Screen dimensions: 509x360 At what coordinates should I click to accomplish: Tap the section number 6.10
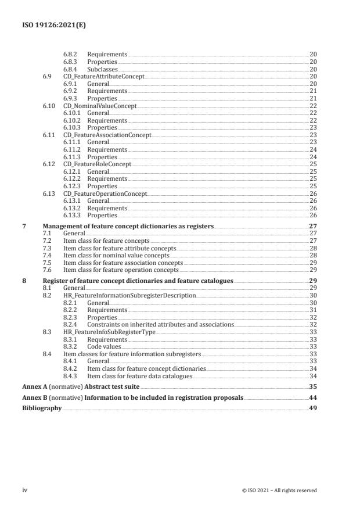[x=49, y=106]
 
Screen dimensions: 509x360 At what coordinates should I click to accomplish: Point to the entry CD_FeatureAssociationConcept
[x=107, y=135]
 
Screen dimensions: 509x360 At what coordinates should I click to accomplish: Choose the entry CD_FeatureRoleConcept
[x=97, y=164]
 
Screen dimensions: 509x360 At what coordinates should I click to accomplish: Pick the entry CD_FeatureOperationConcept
[x=105, y=193]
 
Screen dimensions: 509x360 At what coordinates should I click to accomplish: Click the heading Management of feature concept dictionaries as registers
[x=128, y=226]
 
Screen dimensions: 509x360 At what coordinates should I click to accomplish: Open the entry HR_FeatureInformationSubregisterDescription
[x=129, y=296]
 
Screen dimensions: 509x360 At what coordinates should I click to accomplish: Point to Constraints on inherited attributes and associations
[x=160, y=324]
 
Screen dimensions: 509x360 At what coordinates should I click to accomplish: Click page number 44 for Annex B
[x=313, y=398]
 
